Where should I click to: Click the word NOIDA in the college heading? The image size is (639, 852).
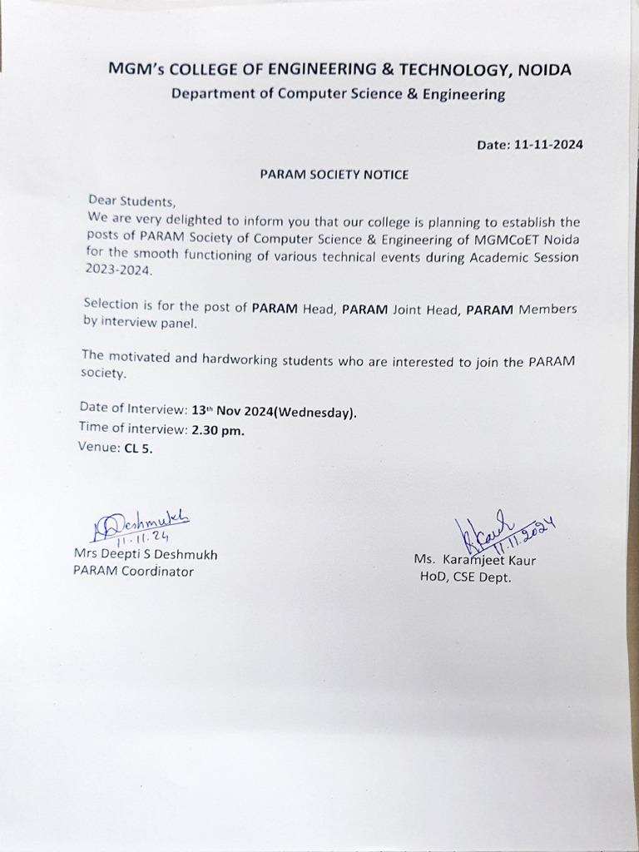pyautogui.click(x=544, y=70)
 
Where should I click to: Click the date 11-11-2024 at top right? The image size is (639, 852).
pyautogui.click(x=548, y=144)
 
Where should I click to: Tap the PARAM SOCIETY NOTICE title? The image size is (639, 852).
pyautogui.click(x=334, y=175)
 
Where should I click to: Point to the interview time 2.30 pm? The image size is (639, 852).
pyautogui.click(x=218, y=430)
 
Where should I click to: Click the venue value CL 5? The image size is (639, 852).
pyautogui.click(x=139, y=448)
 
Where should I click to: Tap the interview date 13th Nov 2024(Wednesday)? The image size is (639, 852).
pyautogui.click(x=275, y=411)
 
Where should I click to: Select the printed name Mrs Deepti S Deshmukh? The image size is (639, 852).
pyautogui.click(x=146, y=555)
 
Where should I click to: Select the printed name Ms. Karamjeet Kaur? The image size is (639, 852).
pyautogui.click(x=475, y=560)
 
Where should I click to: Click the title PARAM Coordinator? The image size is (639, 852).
pyautogui.click(x=133, y=572)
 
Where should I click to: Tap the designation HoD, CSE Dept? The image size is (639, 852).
pyautogui.click(x=465, y=577)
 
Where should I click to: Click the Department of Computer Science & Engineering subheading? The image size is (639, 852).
pyautogui.click(x=338, y=94)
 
